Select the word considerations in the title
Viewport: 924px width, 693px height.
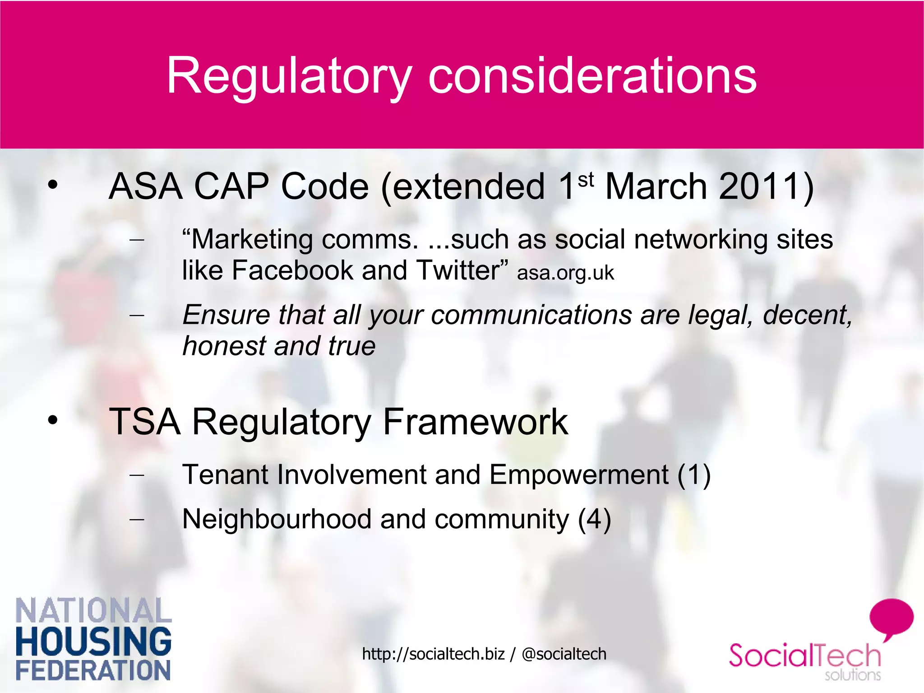click(x=592, y=76)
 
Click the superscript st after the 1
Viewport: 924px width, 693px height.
click(x=586, y=180)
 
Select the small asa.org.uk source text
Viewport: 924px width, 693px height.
click(x=565, y=273)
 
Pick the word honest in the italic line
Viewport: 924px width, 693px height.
click(x=224, y=346)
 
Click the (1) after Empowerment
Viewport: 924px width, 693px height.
click(x=694, y=475)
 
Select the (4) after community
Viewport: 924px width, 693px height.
click(x=595, y=519)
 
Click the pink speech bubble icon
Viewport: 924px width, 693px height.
click(x=891, y=618)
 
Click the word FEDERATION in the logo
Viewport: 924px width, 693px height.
click(x=93, y=670)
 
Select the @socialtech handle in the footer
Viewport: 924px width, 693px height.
click(x=564, y=654)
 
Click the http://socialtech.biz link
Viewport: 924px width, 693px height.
click(x=433, y=654)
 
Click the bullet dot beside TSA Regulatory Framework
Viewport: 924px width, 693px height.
click(x=53, y=420)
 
